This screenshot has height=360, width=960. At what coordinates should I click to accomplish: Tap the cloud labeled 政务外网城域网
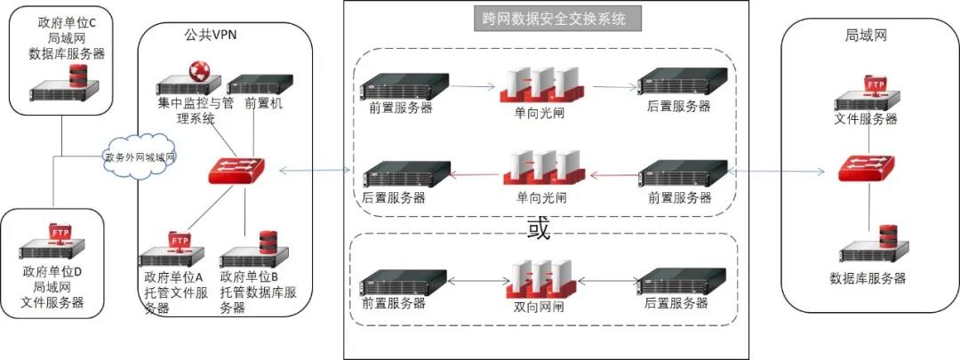coord(140,157)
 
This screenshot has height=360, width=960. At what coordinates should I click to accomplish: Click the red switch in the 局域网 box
coord(866,168)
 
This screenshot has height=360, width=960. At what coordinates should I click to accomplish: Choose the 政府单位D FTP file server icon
coord(61,244)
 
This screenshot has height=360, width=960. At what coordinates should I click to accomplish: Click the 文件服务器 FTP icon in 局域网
coord(867,93)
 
